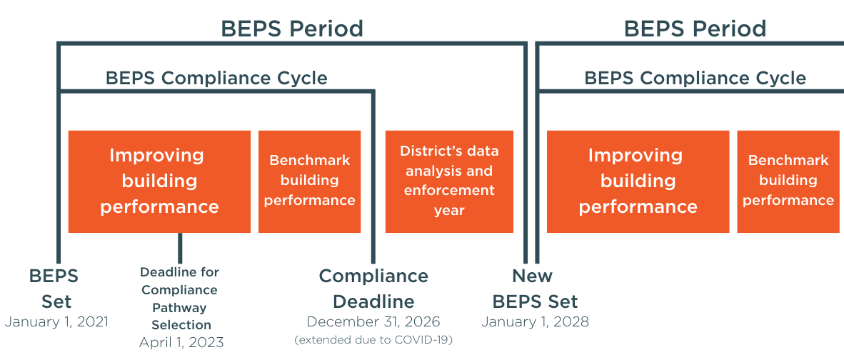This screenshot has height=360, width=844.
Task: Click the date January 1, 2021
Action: point(56,322)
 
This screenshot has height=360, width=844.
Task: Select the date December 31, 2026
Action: point(373,322)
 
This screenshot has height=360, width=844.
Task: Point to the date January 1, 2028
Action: point(535,322)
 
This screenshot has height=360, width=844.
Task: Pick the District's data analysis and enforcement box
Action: point(449,181)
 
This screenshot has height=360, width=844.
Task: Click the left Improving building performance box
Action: point(159,181)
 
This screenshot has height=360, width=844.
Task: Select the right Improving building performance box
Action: point(638,181)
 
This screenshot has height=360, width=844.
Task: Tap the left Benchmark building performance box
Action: point(309,181)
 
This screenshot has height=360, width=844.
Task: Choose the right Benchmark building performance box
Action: point(788,181)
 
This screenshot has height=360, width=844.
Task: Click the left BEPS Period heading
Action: point(292,29)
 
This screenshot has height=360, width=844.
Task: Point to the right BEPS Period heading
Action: point(695,29)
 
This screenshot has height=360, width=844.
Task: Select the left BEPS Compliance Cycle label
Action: point(216,78)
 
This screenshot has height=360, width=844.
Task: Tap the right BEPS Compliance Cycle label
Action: point(695,78)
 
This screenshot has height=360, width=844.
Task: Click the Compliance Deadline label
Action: point(373,288)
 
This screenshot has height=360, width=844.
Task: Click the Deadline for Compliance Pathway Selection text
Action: point(180,299)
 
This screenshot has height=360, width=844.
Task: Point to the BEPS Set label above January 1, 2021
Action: point(54,288)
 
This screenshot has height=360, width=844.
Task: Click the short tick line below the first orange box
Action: point(180,248)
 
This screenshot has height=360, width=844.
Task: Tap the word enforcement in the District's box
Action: point(449,191)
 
